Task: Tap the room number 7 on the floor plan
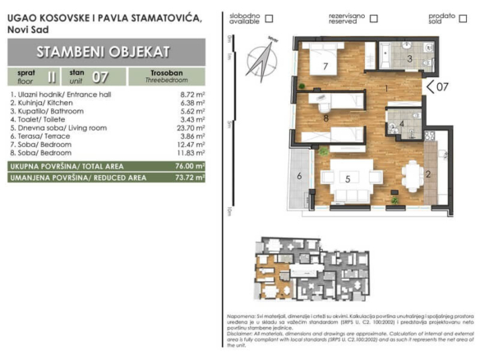325,66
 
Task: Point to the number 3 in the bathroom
408,59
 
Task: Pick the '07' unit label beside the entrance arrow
441,85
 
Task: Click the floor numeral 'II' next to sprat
53,78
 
